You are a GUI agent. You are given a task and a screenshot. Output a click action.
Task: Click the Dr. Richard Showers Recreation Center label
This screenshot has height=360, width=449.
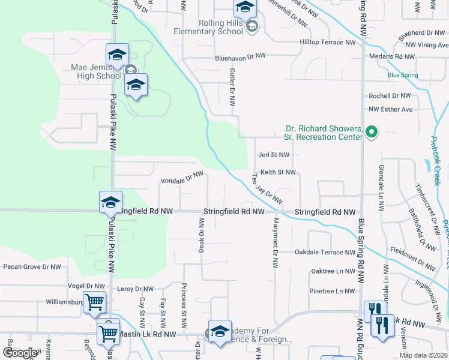coord(324,133)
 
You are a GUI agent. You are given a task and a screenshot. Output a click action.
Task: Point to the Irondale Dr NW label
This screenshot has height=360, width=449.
coord(182,178)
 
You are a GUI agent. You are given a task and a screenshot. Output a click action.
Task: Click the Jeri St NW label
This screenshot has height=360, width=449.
coord(274,155)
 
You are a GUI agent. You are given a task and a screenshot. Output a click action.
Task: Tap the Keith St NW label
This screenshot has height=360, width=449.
coord(279,172)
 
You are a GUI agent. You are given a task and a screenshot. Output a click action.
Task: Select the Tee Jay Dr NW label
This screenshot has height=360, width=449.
coord(266,188)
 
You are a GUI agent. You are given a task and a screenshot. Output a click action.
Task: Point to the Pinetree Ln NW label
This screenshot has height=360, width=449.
coord(333,291)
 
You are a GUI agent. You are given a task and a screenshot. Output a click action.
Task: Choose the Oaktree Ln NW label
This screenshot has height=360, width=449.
coord(333,271)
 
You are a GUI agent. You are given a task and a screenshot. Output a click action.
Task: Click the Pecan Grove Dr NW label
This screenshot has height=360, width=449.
coord(32,267)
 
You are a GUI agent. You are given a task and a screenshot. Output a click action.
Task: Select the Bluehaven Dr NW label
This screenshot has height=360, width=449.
coord(240,56)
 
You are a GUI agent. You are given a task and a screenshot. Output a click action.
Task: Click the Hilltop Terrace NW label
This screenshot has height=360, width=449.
coord(328,43)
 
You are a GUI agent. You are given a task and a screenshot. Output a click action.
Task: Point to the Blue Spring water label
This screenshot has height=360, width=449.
coord(403,75)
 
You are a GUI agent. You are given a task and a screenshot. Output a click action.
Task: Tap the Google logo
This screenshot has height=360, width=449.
coord(20,353)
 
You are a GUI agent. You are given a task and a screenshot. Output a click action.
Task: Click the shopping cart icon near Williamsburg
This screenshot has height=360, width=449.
coord(95,303)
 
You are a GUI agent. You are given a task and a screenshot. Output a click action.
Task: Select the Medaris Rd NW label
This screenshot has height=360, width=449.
coord(392,56)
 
